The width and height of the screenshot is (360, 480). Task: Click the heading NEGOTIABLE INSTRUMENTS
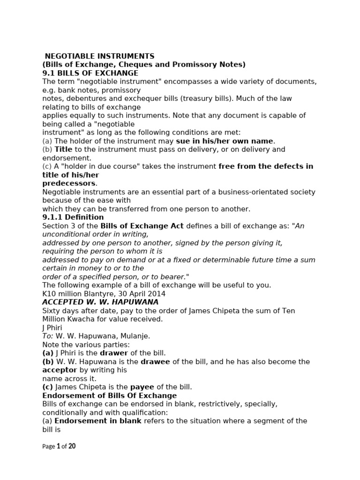pos(99,56)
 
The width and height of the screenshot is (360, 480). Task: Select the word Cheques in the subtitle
pos(133,65)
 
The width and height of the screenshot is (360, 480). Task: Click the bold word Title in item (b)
pos(64,150)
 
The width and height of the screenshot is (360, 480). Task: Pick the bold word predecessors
pos(69,183)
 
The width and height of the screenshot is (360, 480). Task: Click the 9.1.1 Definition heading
pos(73,217)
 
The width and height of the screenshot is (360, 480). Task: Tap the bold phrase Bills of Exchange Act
pos(142,226)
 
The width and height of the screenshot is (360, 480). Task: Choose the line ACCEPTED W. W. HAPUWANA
pos(100,302)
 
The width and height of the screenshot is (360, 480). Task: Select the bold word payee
pos(142,387)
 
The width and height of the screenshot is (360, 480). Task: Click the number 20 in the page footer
pos(72,446)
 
